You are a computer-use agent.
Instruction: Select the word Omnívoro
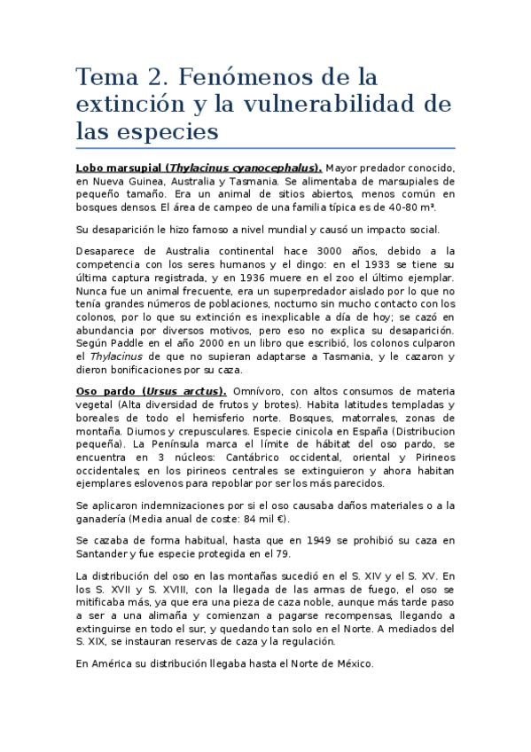[263, 391]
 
